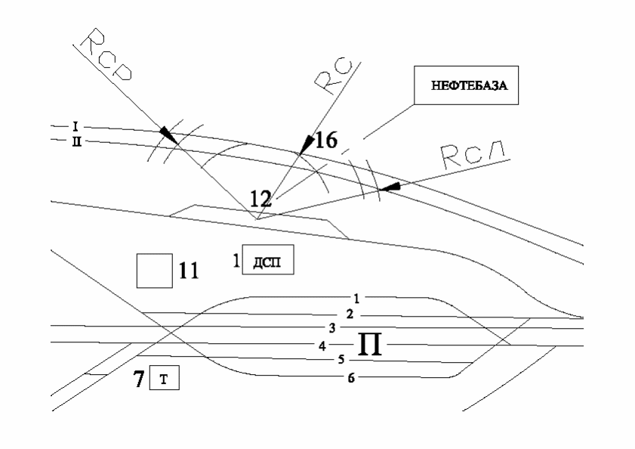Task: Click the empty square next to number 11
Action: tap(153, 270)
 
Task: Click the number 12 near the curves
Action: tap(260, 199)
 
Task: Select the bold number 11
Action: tap(187, 270)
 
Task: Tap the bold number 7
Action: tap(139, 379)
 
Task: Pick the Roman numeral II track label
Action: tap(76, 140)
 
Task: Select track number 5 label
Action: tap(341, 360)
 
